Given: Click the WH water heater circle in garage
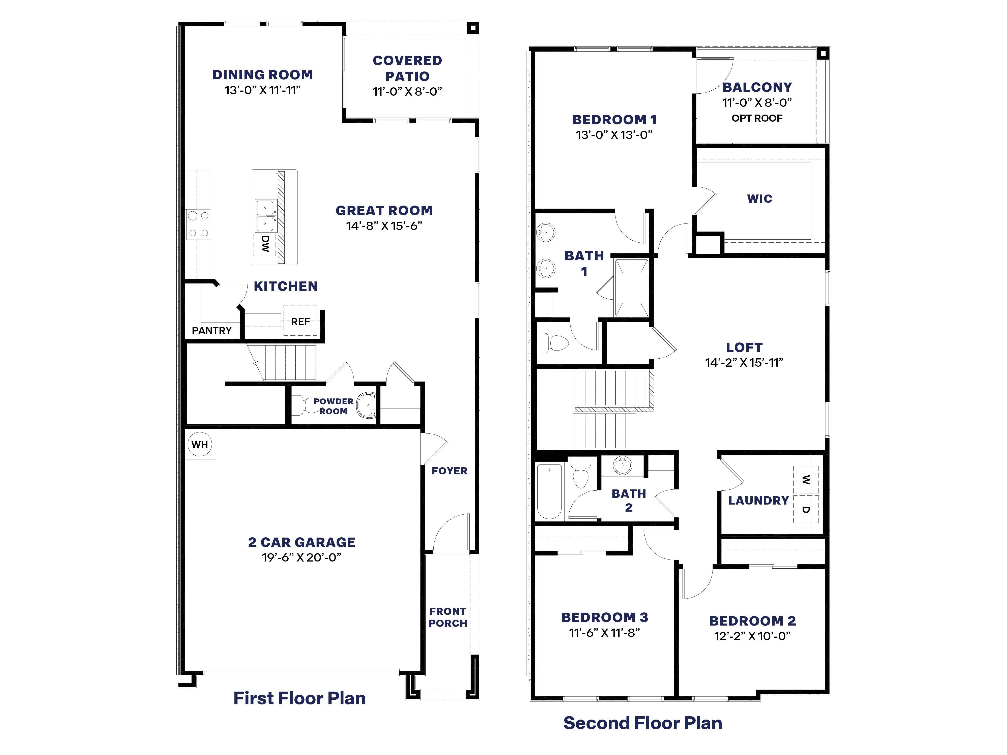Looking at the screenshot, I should [x=199, y=444].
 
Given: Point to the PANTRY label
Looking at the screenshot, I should [x=212, y=330].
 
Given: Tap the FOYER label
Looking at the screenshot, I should [x=449, y=471].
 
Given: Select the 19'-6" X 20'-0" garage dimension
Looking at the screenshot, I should [x=301, y=557].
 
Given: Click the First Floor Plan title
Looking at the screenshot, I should [x=299, y=698].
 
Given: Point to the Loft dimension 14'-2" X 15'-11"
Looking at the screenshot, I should [x=744, y=363].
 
